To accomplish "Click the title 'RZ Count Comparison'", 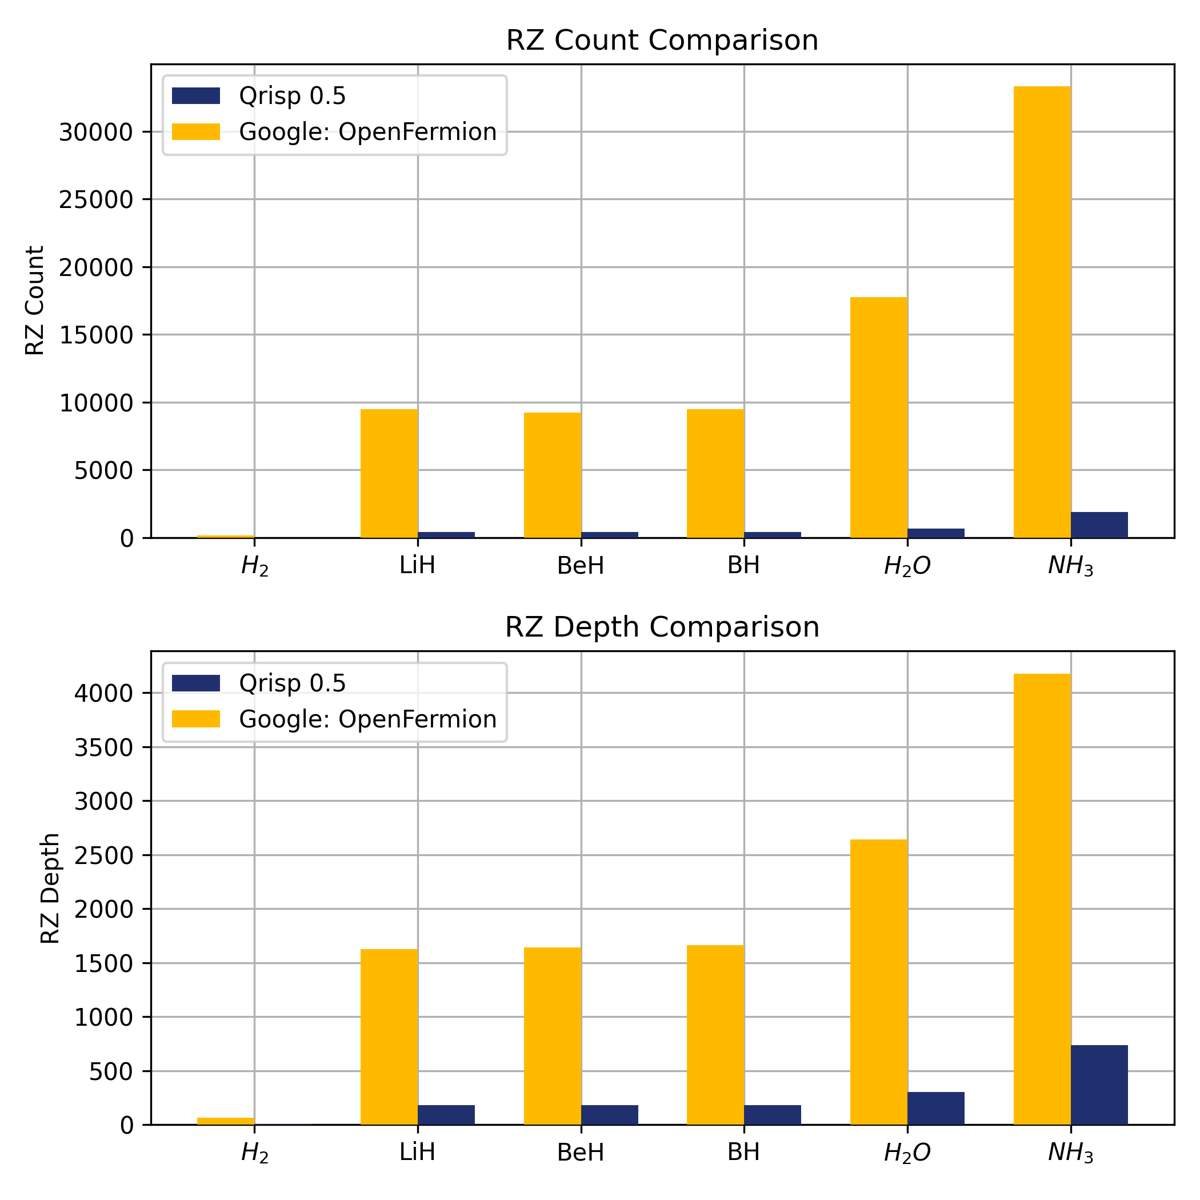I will [662, 41].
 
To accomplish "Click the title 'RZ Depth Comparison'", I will [662, 627].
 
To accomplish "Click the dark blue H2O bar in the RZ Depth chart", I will [935, 1108].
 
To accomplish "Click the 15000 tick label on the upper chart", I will [96, 335].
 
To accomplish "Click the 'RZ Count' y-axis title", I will [35, 301].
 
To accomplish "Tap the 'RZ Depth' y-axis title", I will [50, 888].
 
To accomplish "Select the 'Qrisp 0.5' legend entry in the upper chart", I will [292, 96].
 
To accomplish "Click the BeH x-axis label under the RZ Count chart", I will [581, 566].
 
